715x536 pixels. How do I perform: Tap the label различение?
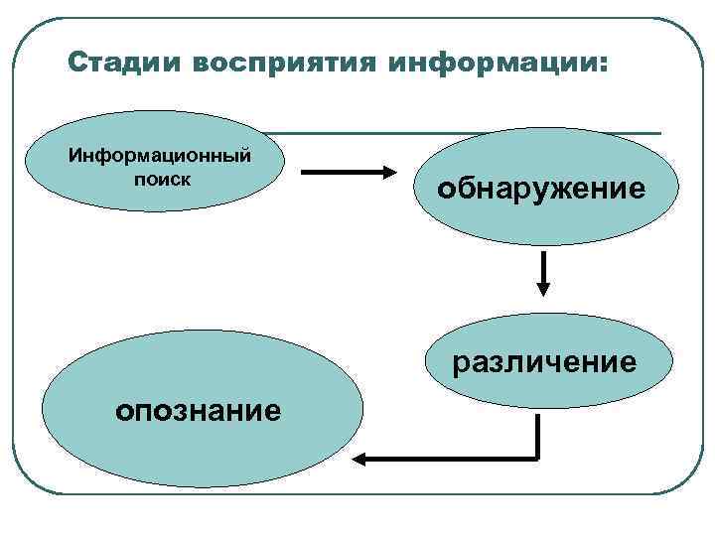tap(544, 362)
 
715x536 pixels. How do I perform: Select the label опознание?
tap(198, 408)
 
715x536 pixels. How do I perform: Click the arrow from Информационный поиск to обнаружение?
tap(348, 173)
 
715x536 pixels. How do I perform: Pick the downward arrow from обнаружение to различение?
tap(543, 272)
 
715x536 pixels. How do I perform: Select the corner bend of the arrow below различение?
tap(536, 458)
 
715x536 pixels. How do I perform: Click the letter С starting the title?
tap(76, 63)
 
